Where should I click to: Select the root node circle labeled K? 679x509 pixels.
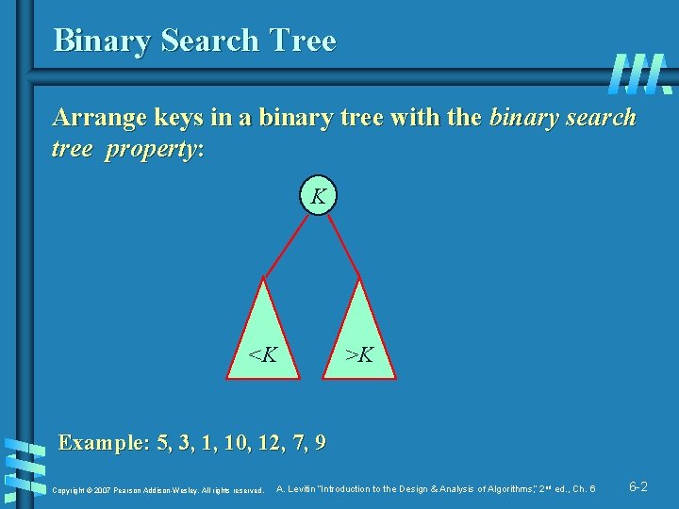319,197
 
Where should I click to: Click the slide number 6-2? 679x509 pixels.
638,487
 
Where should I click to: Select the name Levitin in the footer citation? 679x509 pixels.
301,489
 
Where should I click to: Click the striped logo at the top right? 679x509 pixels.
640,74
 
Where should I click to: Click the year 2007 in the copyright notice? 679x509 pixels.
103,490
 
